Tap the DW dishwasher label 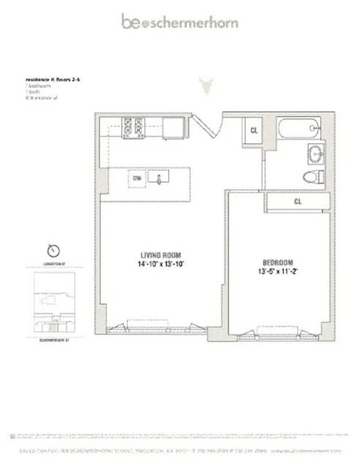pyautogui.click(x=136, y=177)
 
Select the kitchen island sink pyautogui.click(x=159, y=177)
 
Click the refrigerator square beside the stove pyautogui.click(x=172, y=128)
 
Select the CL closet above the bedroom pyautogui.click(x=298, y=201)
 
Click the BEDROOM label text pyautogui.click(x=277, y=262)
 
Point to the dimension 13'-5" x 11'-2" pyautogui.click(x=277, y=272)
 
